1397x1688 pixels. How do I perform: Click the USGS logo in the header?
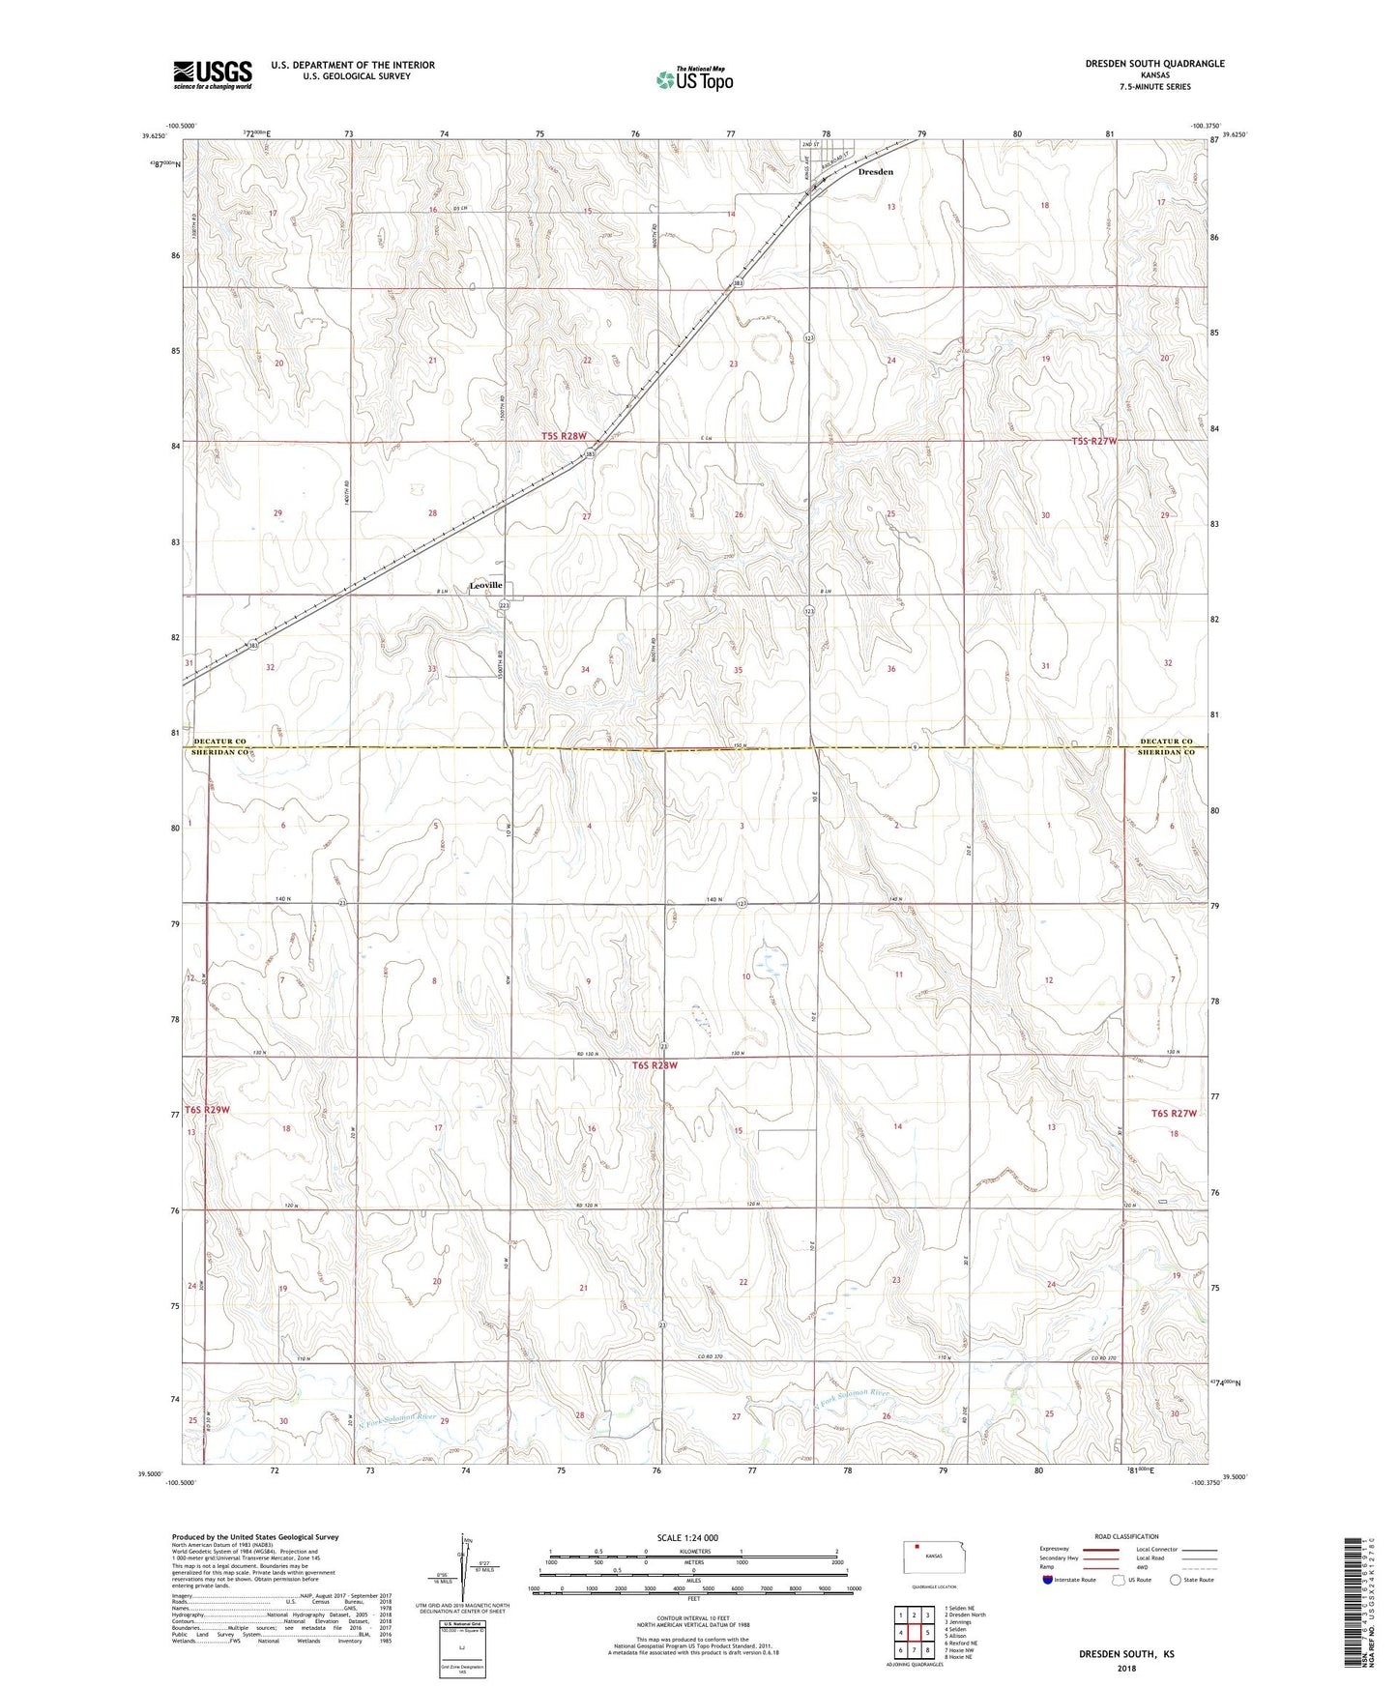213,74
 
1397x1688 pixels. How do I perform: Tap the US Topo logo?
693,79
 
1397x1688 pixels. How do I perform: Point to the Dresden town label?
876,172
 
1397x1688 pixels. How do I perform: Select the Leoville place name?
485,585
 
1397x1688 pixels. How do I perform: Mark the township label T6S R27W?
1174,1113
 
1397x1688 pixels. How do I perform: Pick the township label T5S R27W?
1093,441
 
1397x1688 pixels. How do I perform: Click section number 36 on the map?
890,669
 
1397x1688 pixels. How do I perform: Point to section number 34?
585,670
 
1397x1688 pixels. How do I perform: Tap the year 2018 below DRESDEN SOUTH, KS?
1126,1668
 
